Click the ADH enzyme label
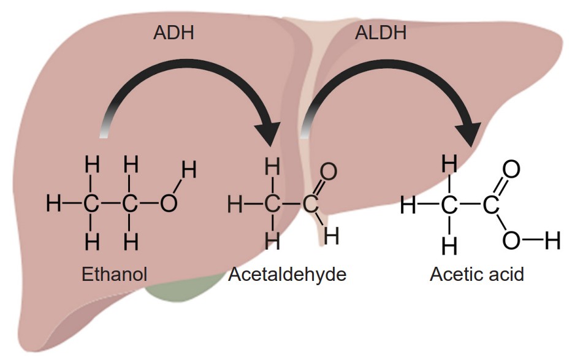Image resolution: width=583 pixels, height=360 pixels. point(173,32)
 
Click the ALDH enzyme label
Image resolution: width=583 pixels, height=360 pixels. point(380,32)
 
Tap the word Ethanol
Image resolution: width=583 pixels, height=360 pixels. point(115,274)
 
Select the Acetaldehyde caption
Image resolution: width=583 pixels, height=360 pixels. point(288,274)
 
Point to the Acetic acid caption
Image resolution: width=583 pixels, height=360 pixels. point(477,274)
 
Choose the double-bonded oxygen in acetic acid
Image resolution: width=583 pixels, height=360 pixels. point(511,169)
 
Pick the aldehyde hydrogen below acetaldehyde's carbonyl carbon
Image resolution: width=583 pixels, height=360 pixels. point(331,235)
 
